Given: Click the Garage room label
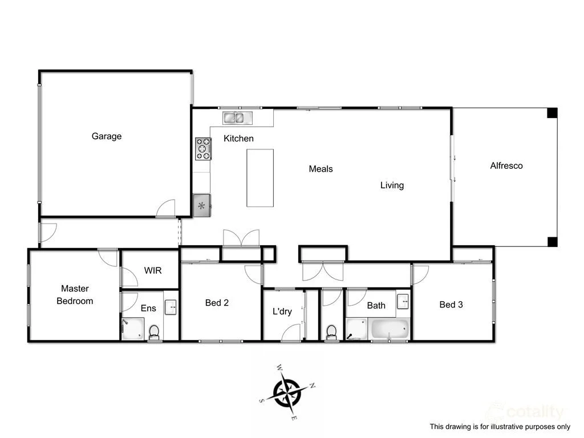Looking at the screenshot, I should pos(107,136).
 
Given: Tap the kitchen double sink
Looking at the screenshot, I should pos(237,118).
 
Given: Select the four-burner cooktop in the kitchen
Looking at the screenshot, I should pos(203,148).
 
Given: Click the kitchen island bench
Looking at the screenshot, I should pos(260,178).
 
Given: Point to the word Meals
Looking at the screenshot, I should pos(321,169).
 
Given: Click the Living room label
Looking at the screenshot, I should pos(392,185).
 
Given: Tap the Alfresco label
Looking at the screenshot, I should pos(506,166).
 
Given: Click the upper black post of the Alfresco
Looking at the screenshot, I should pos(551,113).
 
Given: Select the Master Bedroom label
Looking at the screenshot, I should pos(75,295).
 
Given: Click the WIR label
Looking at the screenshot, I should pos(153,270).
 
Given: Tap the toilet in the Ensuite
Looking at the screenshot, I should pos(154,332).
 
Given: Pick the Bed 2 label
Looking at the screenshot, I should pos(217,303).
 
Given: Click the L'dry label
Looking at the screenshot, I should pos(282,311).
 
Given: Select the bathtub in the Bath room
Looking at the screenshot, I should pos(390,330).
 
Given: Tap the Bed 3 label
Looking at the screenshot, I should pos(451,305).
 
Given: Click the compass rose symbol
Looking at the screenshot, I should pos(287,392).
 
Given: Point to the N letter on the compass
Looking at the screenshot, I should pos(313,386).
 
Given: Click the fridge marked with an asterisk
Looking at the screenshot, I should pos(202,206).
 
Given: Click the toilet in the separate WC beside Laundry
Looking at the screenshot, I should pos(331,332).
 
